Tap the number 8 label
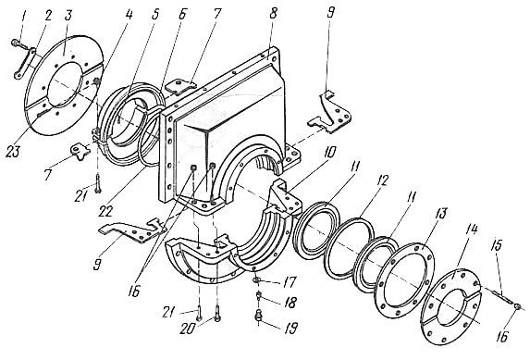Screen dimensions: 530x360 [x=274, y=15]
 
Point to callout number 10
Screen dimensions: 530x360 [x=329, y=153]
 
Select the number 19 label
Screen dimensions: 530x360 [x=290, y=328]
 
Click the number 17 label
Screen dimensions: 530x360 [x=290, y=282]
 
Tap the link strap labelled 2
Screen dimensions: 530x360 [x=25, y=63]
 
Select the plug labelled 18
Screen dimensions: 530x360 [x=259, y=297]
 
